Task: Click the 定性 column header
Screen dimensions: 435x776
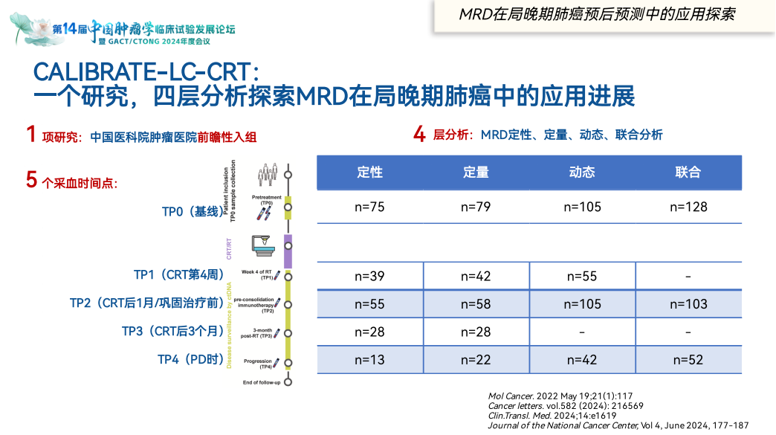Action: (369, 173)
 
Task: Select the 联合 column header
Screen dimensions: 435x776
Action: (688, 173)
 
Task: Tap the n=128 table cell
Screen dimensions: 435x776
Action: (688, 207)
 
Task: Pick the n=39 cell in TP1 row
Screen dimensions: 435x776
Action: (369, 276)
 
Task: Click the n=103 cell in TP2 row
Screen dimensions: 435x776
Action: (688, 303)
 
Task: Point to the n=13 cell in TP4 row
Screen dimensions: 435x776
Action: (369, 360)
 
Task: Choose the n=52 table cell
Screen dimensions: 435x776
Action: (688, 360)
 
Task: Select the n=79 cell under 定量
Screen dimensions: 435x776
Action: (476, 207)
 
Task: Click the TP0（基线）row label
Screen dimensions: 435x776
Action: (193, 212)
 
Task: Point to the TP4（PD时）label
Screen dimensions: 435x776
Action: (191, 360)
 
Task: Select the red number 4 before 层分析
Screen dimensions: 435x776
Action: (420, 135)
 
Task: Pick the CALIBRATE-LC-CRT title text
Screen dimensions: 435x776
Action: (146, 72)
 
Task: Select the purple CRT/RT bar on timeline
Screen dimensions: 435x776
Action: (288, 251)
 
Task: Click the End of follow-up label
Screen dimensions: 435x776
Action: (262, 382)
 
